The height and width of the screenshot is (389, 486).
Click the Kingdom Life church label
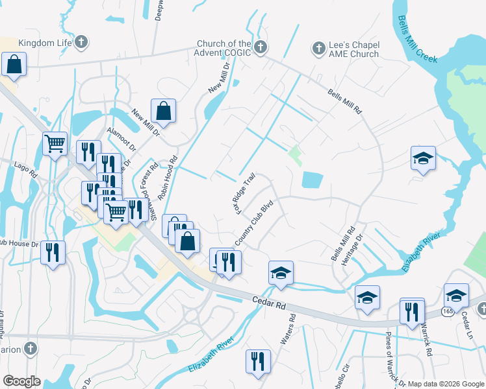pos(44,43)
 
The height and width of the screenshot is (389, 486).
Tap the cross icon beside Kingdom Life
pos(81,43)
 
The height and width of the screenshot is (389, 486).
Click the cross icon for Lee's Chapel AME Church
pos(318,48)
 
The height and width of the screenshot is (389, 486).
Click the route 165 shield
pos(448,312)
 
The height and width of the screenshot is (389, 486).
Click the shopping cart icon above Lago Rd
pos(55,143)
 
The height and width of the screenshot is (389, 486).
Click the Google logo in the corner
pos(21,381)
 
